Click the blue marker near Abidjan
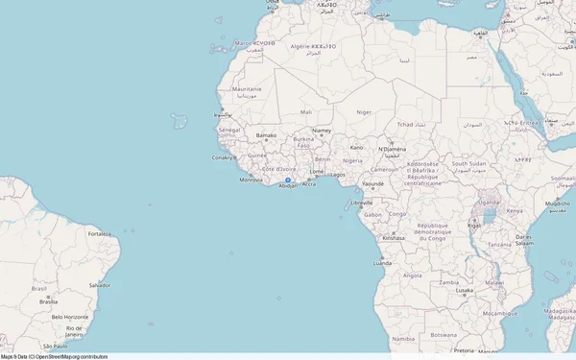pos(287,180)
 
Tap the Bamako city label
pos(266,135)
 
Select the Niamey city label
pos(322,131)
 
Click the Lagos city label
pos(337,175)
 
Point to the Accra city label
pos(308,184)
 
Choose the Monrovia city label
pos(251,180)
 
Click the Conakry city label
pos(223,157)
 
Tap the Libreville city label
pos(362,203)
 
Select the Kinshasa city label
pos(393,237)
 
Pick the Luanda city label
pos(383,261)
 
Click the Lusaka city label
pos(465,290)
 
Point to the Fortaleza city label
pos(99,233)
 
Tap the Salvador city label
pos(99,285)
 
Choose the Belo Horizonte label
pos(70,317)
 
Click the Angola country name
pos(412,276)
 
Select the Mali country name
pos(305,112)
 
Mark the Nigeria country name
pos(352,160)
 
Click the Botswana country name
pos(443,335)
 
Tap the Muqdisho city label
pos(558,204)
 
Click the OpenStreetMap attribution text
pos(54,356)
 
